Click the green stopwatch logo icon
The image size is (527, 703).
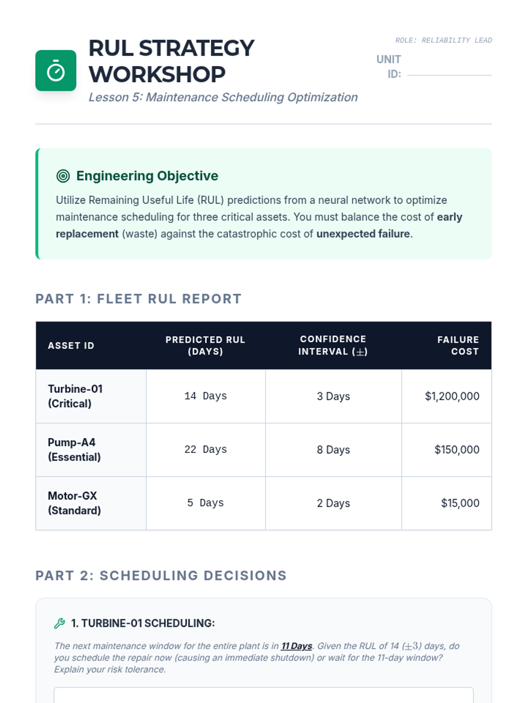[x=56, y=71]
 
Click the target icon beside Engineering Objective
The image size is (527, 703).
[x=63, y=176]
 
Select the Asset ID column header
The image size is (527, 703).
[x=71, y=346]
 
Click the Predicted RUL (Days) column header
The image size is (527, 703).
[x=205, y=346]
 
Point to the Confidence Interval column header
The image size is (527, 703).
[x=333, y=346]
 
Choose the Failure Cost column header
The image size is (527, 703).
[x=458, y=346]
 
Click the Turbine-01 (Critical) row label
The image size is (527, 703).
[x=75, y=396]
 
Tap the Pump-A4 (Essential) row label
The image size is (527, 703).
[x=74, y=450]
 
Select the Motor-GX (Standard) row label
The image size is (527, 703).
[x=74, y=504]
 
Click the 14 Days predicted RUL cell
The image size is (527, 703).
[x=206, y=396]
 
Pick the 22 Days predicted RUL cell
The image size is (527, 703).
[x=206, y=450]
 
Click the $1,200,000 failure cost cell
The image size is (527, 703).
[x=452, y=396]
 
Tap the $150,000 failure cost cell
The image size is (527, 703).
[x=457, y=450]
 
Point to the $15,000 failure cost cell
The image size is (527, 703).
[x=460, y=504]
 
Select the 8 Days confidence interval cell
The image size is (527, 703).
[x=333, y=450]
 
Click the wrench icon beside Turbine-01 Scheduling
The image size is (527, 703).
[x=60, y=623]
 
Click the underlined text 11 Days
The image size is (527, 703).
[x=296, y=646]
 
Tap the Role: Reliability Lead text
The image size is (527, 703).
[x=443, y=40]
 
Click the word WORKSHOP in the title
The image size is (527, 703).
[x=157, y=74]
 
